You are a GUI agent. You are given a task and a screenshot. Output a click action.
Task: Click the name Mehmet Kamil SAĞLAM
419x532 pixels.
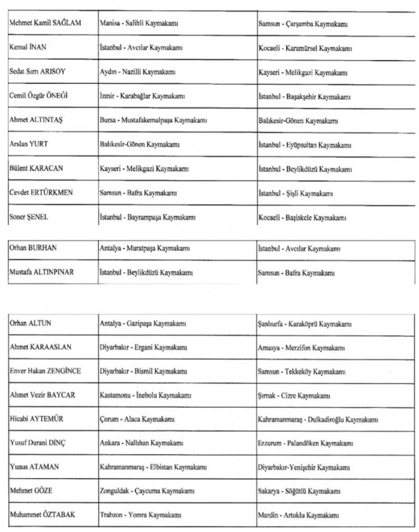point(45,24)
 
